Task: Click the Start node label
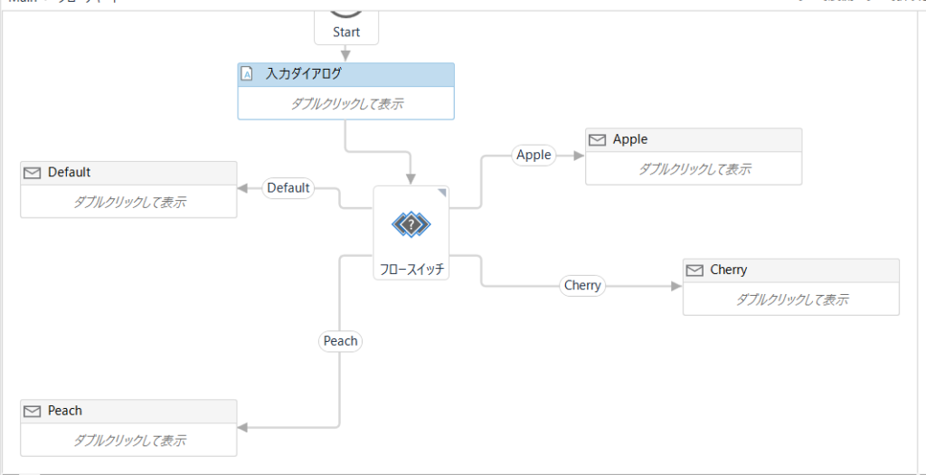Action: [x=346, y=32]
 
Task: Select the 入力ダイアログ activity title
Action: [x=303, y=75]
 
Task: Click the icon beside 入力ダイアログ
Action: [x=247, y=75]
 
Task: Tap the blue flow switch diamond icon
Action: [x=411, y=223]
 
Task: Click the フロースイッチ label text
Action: [x=411, y=269]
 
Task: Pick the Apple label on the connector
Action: [x=534, y=155]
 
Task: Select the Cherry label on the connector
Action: [x=582, y=285]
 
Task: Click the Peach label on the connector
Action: [x=341, y=341]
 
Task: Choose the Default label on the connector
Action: [x=288, y=188]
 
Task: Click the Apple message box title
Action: [x=630, y=139]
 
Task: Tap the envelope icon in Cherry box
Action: [x=694, y=270]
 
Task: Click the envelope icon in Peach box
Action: [x=33, y=411]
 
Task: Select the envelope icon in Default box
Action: [x=33, y=173]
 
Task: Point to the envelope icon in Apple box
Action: [x=597, y=140]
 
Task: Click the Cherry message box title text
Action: [x=729, y=270]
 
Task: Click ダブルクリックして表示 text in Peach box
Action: [x=129, y=441]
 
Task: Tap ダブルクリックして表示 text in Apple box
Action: [x=694, y=169]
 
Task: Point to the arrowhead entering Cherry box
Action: [x=676, y=286]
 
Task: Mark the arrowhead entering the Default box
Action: [x=242, y=188]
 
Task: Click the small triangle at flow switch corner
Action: [x=442, y=192]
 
